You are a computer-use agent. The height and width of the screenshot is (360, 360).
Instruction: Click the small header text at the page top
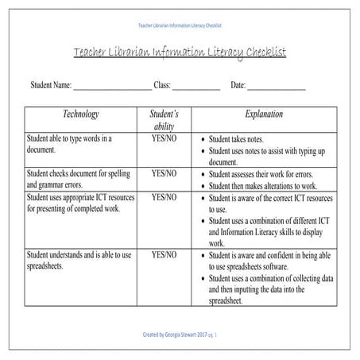(x=180, y=25)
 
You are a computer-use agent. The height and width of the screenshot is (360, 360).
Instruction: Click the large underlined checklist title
(x=180, y=52)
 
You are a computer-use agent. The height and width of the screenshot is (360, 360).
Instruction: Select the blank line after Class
(x=196, y=85)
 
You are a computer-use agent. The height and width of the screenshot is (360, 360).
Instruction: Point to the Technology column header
(x=80, y=114)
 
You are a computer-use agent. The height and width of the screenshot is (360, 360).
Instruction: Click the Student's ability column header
(x=165, y=120)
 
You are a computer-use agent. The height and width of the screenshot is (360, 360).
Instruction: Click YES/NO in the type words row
(x=165, y=138)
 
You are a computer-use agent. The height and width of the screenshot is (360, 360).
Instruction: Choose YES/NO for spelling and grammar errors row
(x=165, y=173)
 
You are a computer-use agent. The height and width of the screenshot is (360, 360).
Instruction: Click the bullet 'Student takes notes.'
(x=243, y=138)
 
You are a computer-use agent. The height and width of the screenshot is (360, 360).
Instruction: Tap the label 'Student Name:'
(x=51, y=84)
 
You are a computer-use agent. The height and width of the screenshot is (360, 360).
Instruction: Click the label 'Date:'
(x=238, y=84)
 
